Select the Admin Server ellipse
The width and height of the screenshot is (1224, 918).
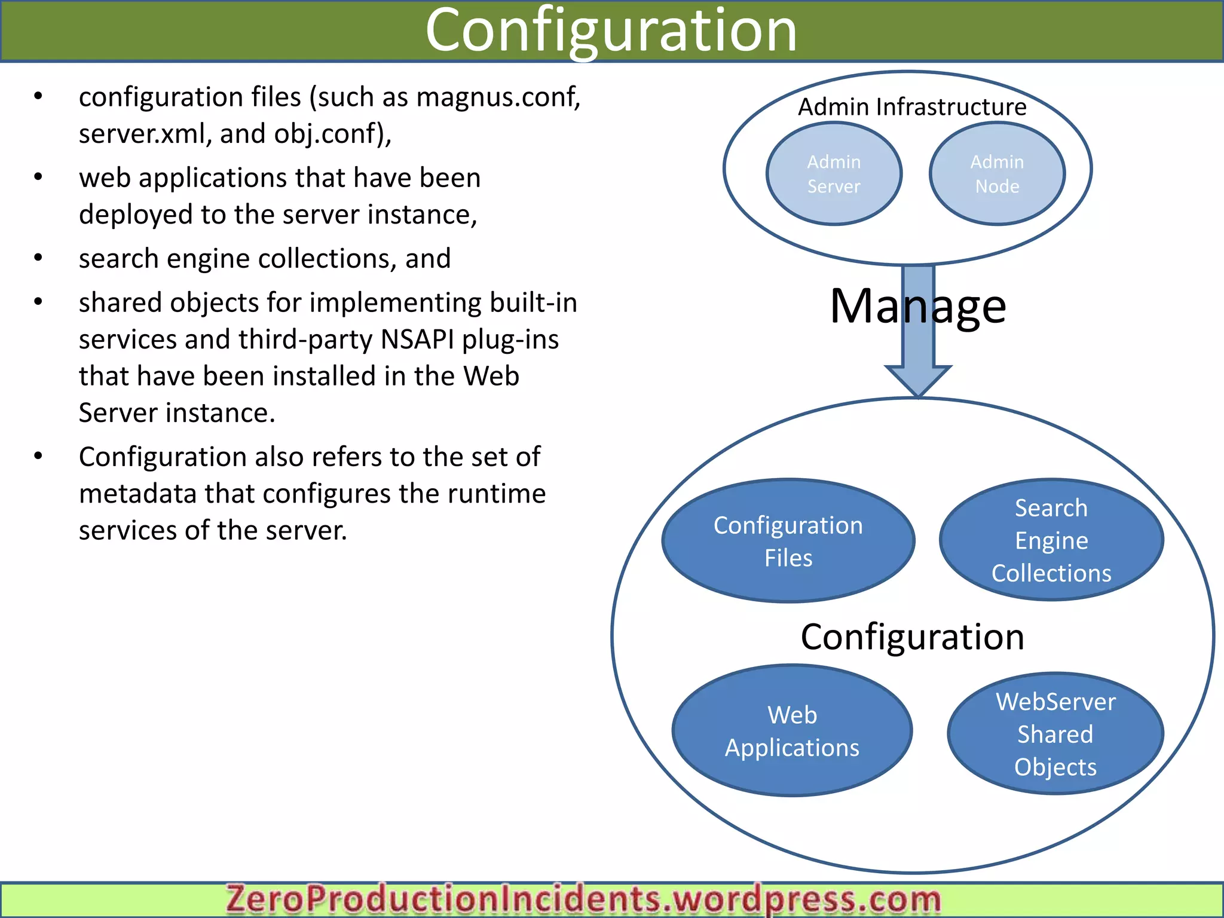pos(834,174)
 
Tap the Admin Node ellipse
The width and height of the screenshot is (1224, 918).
pos(997,174)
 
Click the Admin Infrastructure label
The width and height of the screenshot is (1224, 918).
pos(912,107)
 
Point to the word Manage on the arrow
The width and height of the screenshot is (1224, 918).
pos(918,306)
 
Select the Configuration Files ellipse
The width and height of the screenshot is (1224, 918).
pos(788,541)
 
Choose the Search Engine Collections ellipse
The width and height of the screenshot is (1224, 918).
pos(1051,540)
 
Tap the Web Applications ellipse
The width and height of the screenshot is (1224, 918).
pos(792,731)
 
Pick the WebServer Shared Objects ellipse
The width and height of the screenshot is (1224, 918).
pos(1055,734)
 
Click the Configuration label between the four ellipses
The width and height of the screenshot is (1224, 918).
pos(912,637)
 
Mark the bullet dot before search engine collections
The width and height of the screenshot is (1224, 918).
pos(38,258)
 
